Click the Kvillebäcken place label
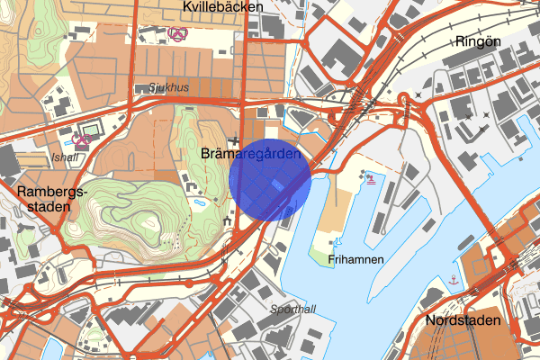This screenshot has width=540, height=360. pyautogui.click(x=221, y=7)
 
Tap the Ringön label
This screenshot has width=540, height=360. pyautogui.click(x=476, y=41)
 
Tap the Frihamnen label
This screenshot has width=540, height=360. pyautogui.click(x=357, y=259)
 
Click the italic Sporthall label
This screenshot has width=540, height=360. pyautogui.click(x=293, y=309)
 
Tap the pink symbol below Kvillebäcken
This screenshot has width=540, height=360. pyautogui.click(x=177, y=34)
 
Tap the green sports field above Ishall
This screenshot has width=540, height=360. pyautogui.click(x=91, y=129)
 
